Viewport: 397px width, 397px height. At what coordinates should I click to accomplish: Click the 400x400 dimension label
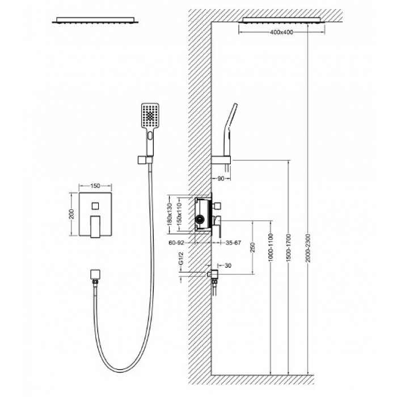(281, 32)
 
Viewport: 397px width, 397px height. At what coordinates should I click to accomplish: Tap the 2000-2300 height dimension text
(307, 248)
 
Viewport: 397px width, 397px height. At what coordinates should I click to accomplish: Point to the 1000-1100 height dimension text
(271, 248)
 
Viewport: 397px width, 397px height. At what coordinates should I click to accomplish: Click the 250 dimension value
(252, 247)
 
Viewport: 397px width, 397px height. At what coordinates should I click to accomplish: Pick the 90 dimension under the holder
(221, 179)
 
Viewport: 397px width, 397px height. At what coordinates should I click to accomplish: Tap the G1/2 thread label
(181, 258)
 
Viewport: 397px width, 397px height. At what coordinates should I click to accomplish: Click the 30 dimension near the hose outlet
(228, 265)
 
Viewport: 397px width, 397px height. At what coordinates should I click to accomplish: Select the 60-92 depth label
(176, 243)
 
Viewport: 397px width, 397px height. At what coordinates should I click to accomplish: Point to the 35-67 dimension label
(233, 243)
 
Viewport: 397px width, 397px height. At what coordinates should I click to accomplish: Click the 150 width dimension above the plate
(95, 186)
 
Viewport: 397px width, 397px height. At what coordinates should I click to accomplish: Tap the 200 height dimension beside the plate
(71, 214)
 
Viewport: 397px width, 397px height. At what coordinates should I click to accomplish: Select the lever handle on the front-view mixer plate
(95, 227)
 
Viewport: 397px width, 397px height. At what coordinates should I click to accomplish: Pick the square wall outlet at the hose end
(95, 274)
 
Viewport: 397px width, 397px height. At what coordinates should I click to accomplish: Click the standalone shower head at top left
(95, 20)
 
